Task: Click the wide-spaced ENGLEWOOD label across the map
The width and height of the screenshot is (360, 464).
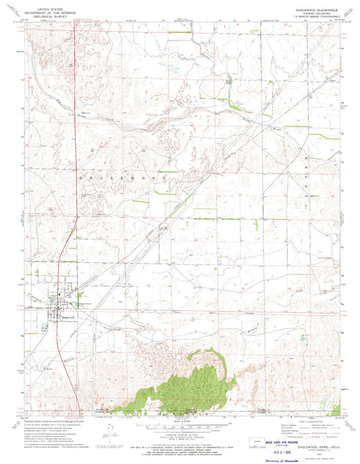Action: (121, 176)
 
